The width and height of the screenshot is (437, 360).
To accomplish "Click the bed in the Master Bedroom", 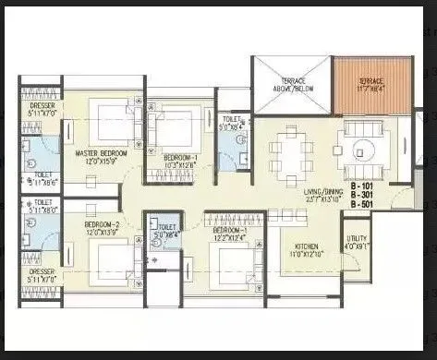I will pos(111,124).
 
